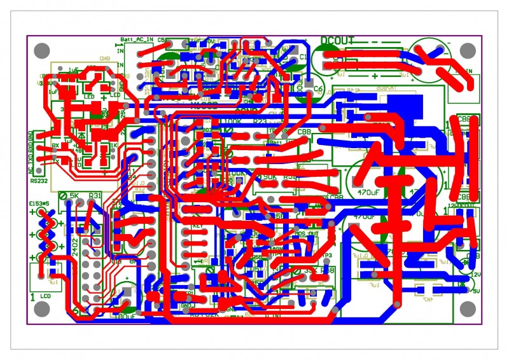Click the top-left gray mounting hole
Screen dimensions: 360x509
point(41,50)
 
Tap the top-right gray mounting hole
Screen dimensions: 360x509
point(468,50)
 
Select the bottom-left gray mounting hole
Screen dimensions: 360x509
point(41,309)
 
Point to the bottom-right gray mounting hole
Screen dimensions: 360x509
point(468,309)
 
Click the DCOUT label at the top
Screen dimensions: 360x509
point(338,41)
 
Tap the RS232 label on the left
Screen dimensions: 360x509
point(39,180)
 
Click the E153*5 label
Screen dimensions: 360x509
point(39,204)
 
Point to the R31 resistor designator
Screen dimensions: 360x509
point(95,195)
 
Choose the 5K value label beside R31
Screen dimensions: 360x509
point(74,195)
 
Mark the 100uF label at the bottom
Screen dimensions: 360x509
point(125,315)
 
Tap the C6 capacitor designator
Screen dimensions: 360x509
point(317,89)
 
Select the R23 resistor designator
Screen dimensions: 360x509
point(260,120)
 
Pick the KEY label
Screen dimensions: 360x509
point(197,225)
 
